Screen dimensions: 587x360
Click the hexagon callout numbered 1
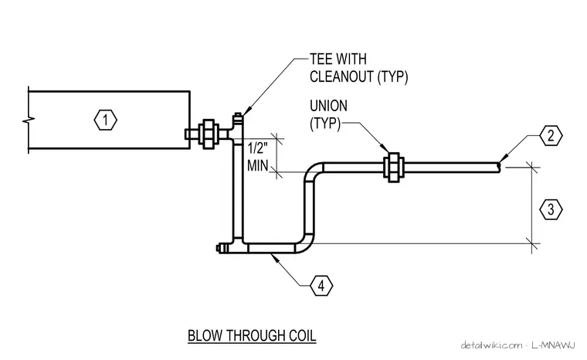click(105, 121)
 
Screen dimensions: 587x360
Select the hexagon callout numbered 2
click(551, 136)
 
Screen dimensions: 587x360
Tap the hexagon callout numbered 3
click(551, 209)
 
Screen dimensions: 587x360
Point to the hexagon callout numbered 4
click(321, 286)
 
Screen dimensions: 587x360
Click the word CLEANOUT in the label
click(342, 76)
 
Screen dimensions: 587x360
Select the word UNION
click(328, 106)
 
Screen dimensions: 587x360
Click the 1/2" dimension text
click(258, 148)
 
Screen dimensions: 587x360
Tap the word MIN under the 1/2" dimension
click(257, 165)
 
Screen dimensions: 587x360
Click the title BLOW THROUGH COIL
click(252, 335)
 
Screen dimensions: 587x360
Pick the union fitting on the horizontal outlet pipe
click(393, 168)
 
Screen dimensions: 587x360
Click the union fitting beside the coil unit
click(208, 134)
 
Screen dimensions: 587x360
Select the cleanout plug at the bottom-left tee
click(220, 248)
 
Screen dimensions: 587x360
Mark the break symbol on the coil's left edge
click(29, 121)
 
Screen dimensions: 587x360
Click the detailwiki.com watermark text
click(491, 345)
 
